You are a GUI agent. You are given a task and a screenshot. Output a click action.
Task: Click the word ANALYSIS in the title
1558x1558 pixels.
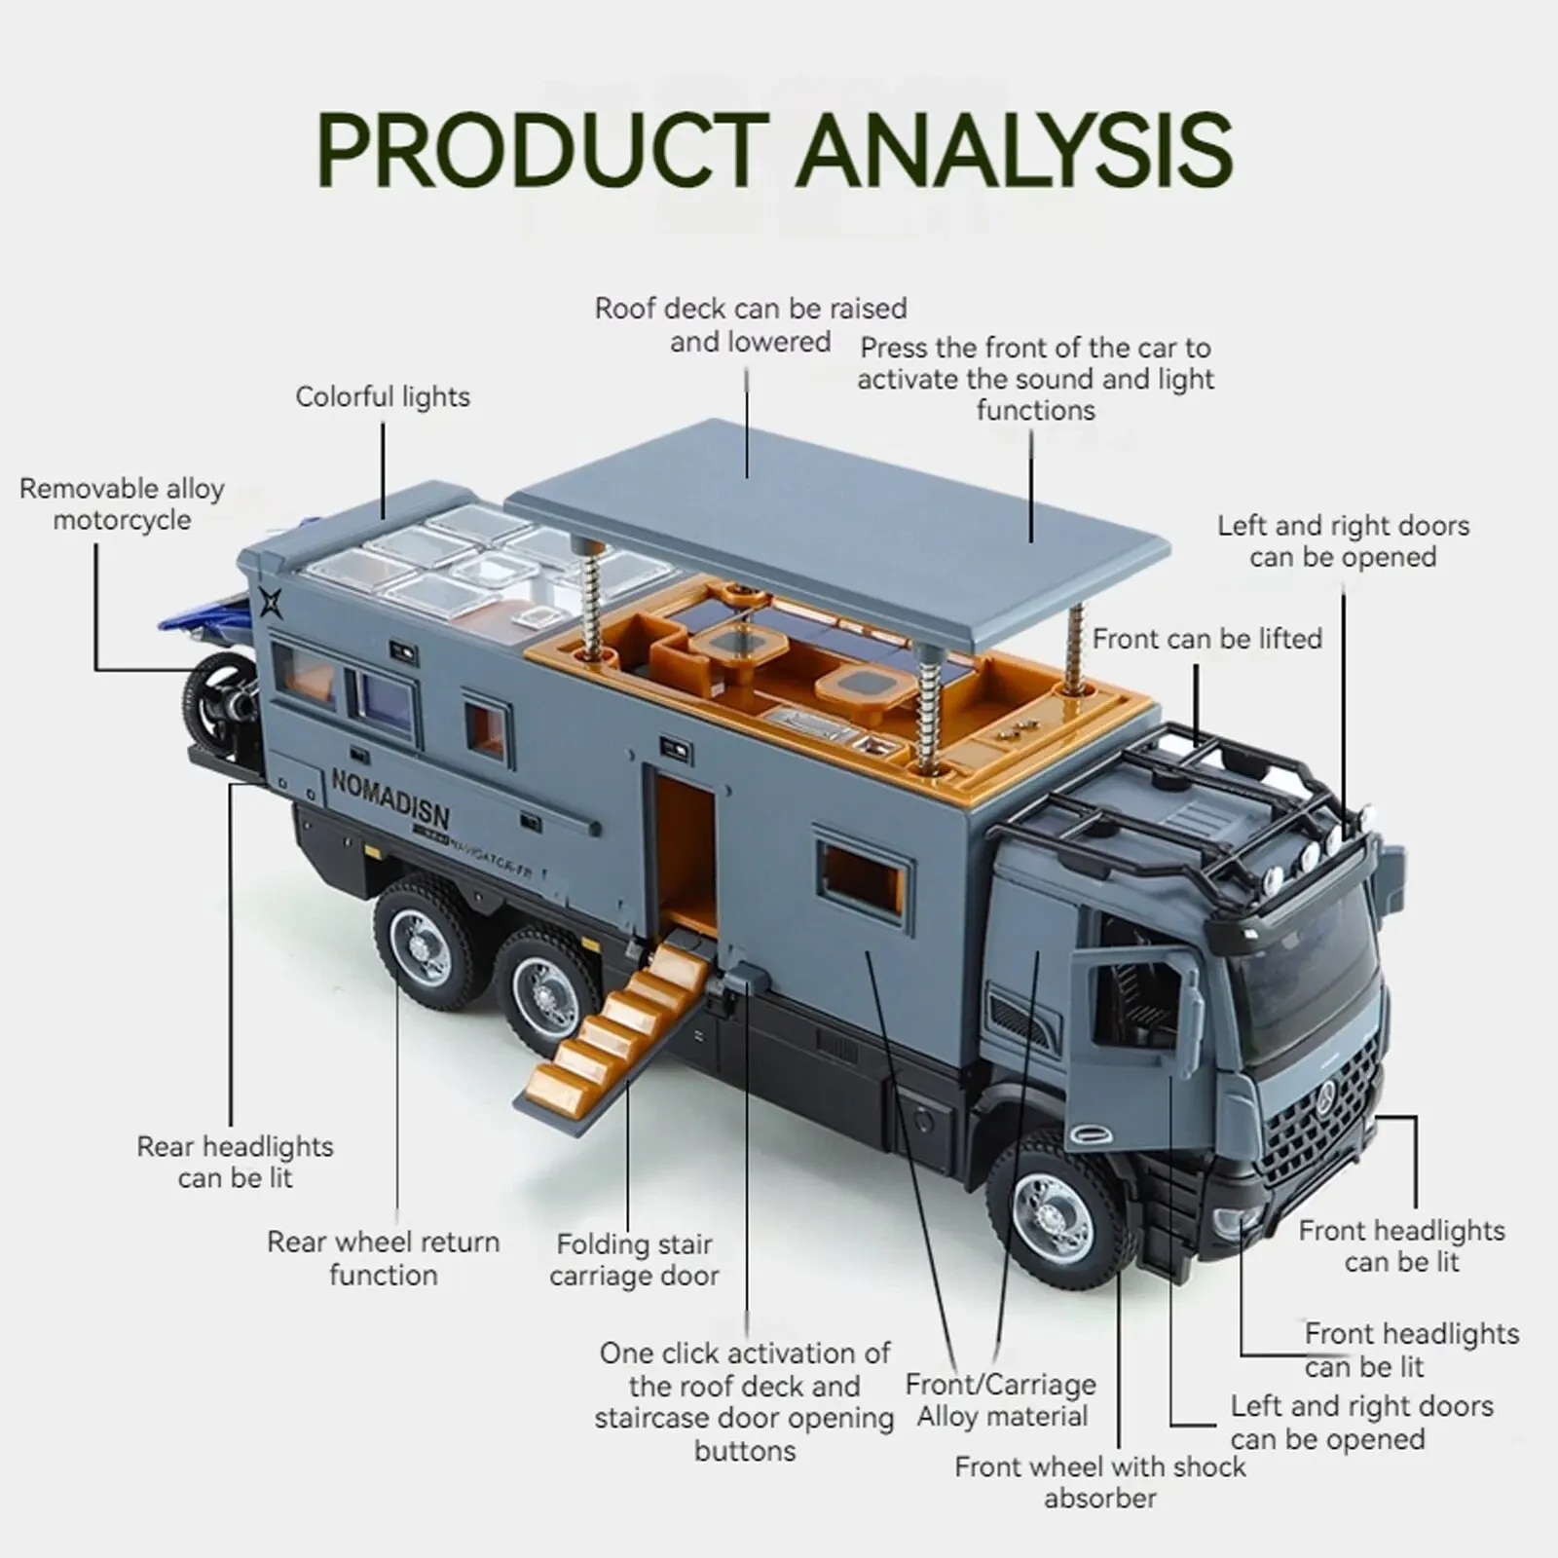pyautogui.click(x=1014, y=151)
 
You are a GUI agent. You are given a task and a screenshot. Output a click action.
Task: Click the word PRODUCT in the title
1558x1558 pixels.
pyautogui.click(x=542, y=151)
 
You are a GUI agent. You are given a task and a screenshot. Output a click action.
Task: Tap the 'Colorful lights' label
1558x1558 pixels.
pyautogui.click(x=383, y=397)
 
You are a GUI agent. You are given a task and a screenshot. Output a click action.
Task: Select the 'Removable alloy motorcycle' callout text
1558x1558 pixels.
pyautogui.click(x=122, y=503)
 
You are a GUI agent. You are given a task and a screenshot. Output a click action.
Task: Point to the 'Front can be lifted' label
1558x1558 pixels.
pyautogui.click(x=1206, y=639)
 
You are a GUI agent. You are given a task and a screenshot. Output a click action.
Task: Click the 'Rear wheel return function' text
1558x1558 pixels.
pyautogui.click(x=383, y=1258)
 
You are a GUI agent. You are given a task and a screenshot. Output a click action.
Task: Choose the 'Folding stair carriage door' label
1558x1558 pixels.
pyautogui.click(x=634, y=1259)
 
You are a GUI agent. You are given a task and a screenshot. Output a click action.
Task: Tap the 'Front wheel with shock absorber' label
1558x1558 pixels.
pyautogui.click(x=1099, y=1481)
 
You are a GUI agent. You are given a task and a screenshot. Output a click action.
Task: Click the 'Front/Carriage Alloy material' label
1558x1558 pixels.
pyautogui.click(x=1001, y=1399)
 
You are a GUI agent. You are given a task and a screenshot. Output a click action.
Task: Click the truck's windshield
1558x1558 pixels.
pyautogui.click(x=1305, y=974)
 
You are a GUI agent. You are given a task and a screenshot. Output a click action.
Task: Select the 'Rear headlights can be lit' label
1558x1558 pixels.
pyautogui.click(x=235, y=1162)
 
